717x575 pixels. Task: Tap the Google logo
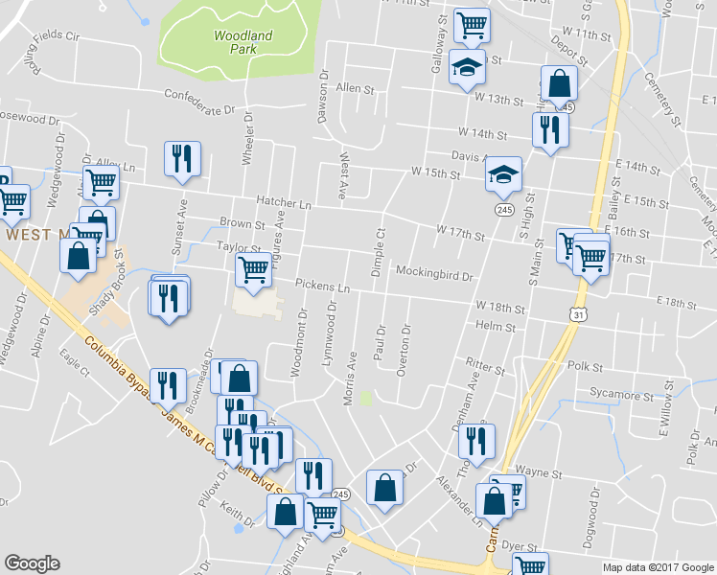(32, 563)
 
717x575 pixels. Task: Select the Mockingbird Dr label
(435, 275)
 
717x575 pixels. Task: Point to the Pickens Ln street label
(322, 287)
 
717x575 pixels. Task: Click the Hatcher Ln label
(285, 203)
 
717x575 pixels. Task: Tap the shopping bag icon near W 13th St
(558, 82)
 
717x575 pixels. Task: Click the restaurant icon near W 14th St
(549, 128)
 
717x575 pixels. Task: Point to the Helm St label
(497, 327)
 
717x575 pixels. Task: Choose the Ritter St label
(485, 367)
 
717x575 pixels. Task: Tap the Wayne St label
(530, 472)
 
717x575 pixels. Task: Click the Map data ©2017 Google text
(658, 567)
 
